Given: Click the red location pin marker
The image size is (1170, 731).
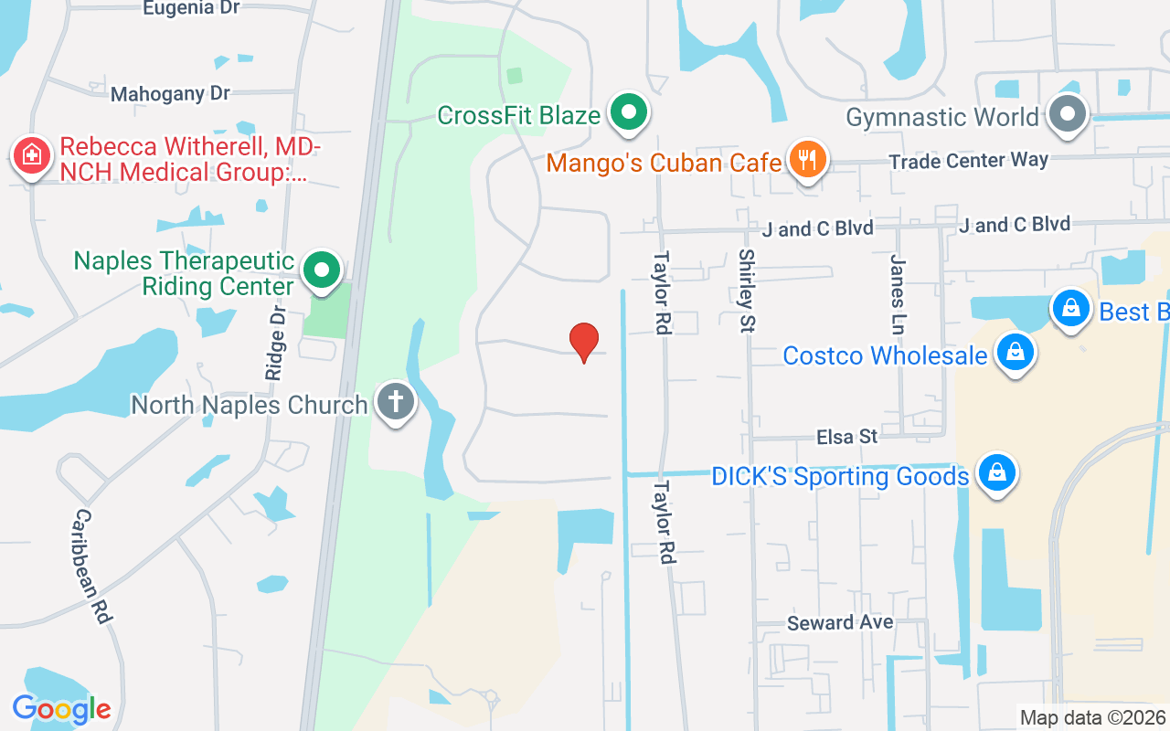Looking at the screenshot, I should tap(584, 342).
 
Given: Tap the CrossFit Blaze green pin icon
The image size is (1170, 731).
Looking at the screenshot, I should tap(628, 113).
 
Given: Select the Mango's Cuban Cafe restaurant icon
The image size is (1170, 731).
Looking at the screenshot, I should tap(806, 161).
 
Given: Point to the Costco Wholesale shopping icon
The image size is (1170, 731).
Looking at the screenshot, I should tap(1014, 354).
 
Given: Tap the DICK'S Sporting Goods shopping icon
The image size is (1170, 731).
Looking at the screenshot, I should tap(996, 474).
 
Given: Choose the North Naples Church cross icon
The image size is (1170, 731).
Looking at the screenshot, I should tap(396, 402).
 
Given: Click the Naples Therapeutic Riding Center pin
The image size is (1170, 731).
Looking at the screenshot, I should tap(321, 270).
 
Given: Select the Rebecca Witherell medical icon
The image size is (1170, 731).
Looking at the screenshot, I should tap(32, 156).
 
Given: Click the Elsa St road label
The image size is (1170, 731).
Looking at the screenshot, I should tap(847, 438).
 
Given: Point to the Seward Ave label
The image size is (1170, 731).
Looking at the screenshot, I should tap(840, 623).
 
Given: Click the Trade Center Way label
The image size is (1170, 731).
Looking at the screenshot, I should tap(969, 161).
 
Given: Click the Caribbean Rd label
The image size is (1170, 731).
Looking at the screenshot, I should tap(92, 567).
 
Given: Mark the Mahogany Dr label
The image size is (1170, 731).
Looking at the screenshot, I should tap(170, 94).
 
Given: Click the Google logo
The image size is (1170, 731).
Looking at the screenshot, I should tap(61, 709).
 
